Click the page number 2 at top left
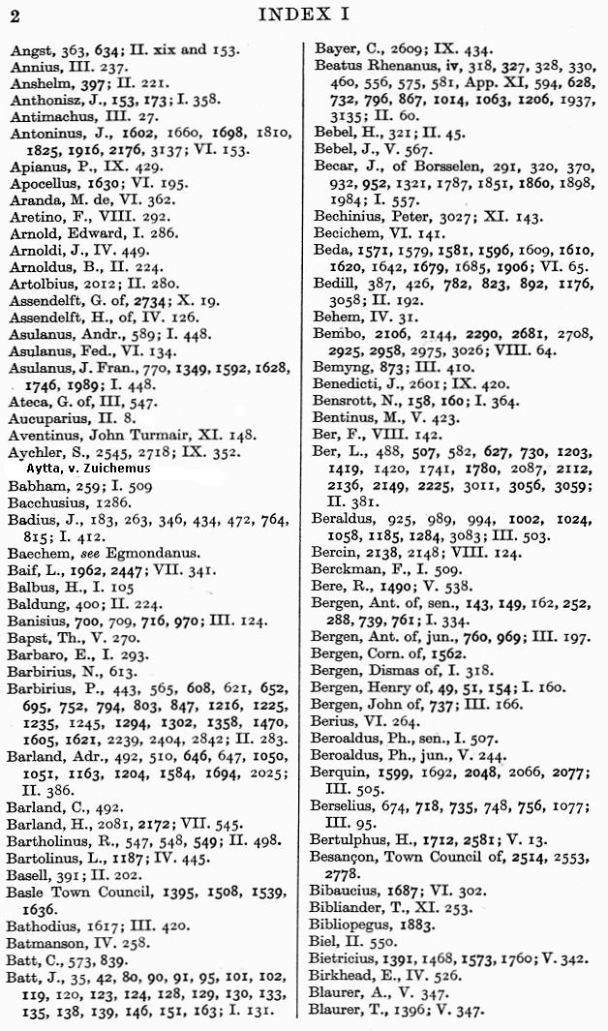click(13, 14)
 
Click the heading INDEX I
click(303, 14)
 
